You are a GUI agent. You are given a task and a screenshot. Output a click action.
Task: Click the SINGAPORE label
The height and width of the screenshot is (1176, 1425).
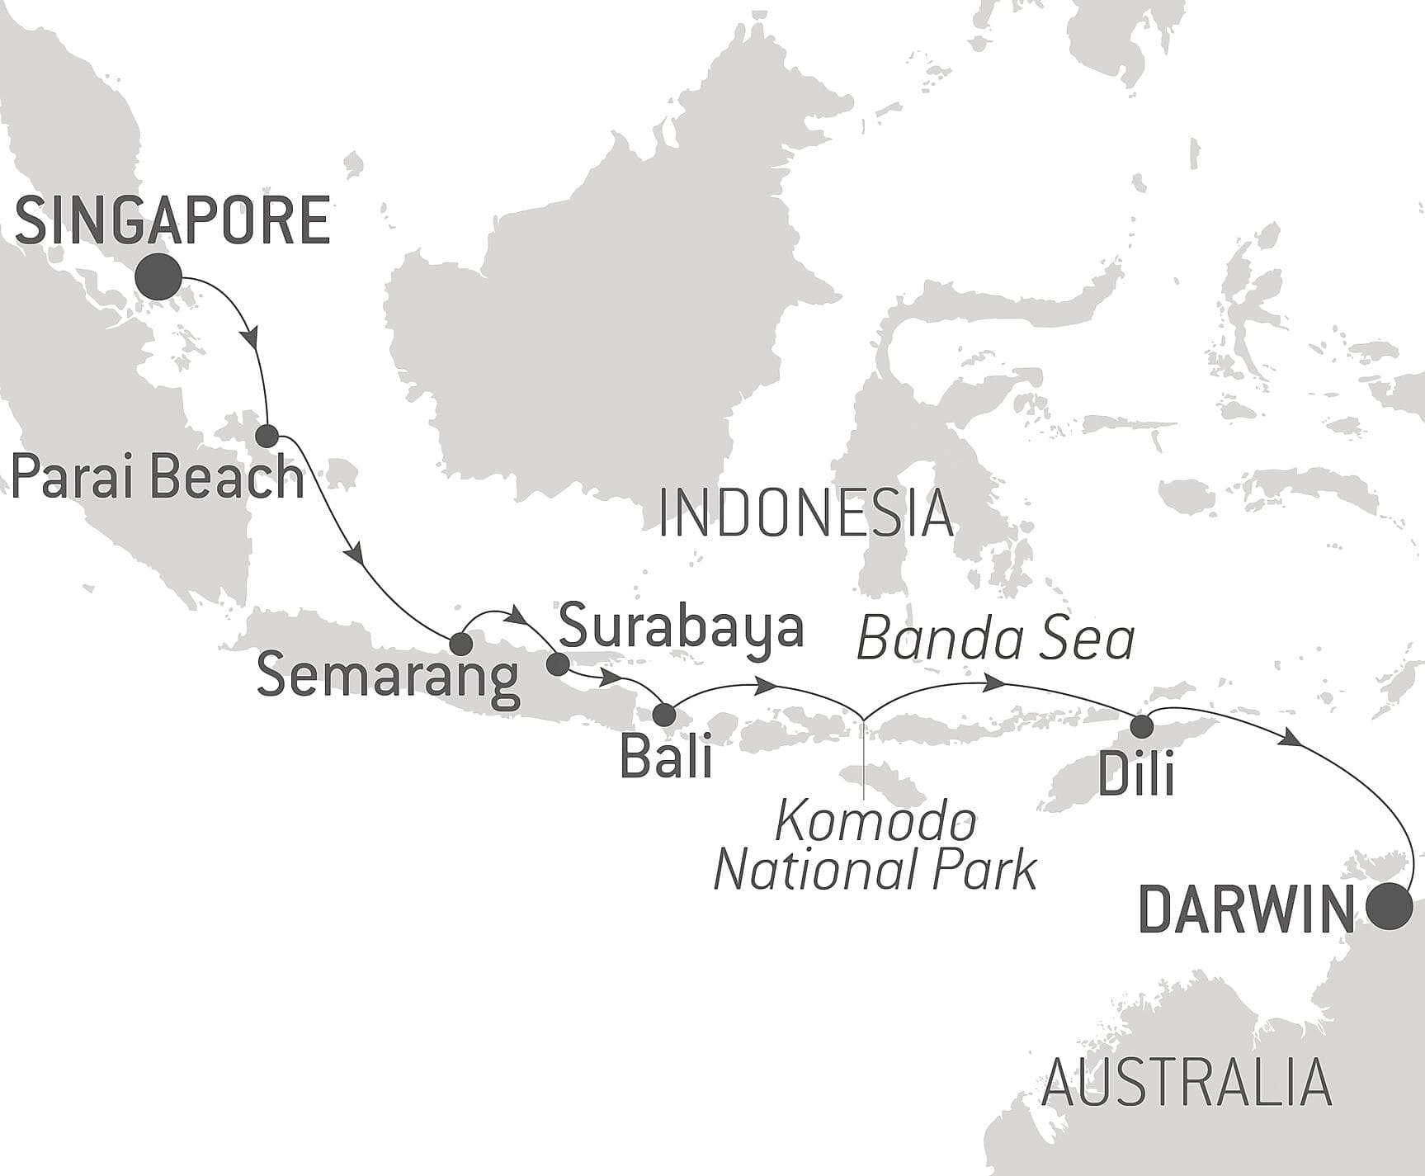172,220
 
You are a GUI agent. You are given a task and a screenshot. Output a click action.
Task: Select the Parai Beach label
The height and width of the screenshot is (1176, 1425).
157,478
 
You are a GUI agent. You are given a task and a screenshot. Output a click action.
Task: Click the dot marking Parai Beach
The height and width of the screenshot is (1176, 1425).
267,436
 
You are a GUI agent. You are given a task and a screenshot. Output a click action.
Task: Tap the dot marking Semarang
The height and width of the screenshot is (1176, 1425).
460,645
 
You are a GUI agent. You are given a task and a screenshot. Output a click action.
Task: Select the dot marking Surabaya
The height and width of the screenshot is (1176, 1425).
558,664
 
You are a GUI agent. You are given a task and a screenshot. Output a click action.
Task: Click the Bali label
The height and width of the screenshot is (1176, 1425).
666,757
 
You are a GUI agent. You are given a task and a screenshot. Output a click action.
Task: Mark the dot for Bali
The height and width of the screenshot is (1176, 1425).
664,715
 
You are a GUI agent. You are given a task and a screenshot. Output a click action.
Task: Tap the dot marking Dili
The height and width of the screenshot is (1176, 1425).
1142,726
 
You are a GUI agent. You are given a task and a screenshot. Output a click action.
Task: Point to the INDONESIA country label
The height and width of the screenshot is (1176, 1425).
805,513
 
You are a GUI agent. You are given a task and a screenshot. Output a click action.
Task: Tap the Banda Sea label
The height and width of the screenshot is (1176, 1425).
996,640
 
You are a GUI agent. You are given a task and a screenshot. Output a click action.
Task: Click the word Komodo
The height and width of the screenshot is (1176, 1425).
876,823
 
